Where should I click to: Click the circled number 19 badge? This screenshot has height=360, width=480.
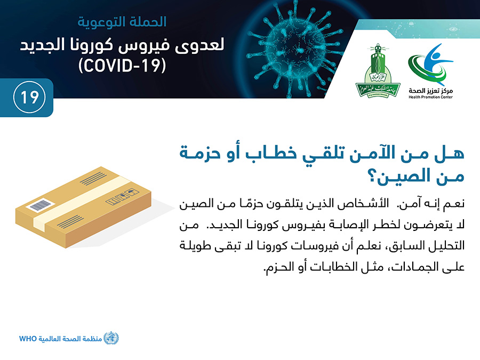pyautogui.click(x=29, y=98)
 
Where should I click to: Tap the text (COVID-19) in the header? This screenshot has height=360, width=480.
pyautogui.click(x=122, y=65)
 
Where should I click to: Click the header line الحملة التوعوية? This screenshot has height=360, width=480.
pyautogui.click(x=122, y=22)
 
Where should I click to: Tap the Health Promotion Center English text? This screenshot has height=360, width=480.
pyautogui.click(x=430, y=97)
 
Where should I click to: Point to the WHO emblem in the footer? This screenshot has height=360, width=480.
pyautogui.click(x=111, y=338)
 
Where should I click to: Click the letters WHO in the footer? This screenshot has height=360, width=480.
pyautogui.click(x=28, y=339)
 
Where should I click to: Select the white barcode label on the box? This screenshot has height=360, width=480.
pyautogui.click(x=40, y=205)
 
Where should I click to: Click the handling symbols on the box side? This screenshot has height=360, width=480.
pyautogui.click(x=122, y=197)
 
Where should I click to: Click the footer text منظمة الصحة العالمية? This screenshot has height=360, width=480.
pyautogui.click(x=70, y=339)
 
